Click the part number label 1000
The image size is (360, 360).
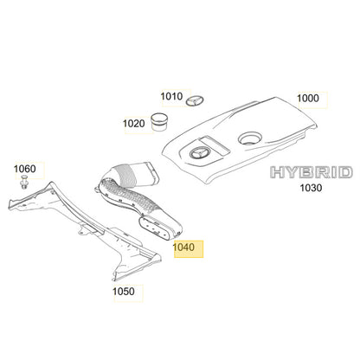point(308,99)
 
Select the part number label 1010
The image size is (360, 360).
point(171,96)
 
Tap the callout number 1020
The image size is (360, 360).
point(134,124)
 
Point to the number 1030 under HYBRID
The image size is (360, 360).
point(311,188)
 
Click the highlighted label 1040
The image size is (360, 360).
point(183,247)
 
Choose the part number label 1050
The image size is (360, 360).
point(124,292)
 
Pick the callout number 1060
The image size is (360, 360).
point(25,169)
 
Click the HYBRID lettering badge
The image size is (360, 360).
point(312,172)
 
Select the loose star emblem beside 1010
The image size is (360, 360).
point(195,100)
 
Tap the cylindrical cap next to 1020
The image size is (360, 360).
point(159,122)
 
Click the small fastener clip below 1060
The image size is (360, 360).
point(24,182)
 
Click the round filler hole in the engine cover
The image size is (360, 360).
point(249,138)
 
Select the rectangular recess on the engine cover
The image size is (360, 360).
point(215,145)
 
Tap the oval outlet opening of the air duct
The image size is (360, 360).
point(156,228)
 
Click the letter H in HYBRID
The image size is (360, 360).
point(277,172)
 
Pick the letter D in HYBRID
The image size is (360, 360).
point(345,172)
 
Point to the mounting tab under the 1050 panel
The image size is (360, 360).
point(85,230)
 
